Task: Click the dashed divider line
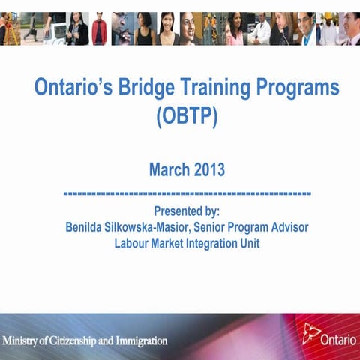[x=187, y=194]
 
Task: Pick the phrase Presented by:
[x=187, y=211]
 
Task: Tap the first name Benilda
[x=88, y=227]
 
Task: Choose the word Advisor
[x=286, y=227]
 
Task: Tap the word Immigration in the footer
[x=141, y=340]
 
